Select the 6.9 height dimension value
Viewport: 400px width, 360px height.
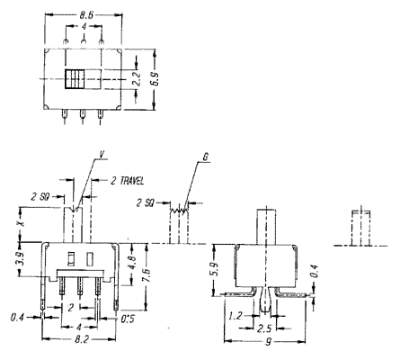pyautogui.click(x=156, y=79)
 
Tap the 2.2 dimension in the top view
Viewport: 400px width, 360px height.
pyautogui.click(x=137, y=79)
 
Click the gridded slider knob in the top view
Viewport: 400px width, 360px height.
pyautogui.click(x=75, y=79)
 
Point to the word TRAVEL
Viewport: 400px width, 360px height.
pyautogui.click(x=132, y=181)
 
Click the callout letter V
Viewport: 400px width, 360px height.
pyautogui.click(x=102, y=154)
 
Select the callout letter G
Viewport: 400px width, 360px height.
pyautogui.click(x=206, y=157)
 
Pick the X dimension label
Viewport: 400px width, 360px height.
pyautogui.click(x=21, y=224)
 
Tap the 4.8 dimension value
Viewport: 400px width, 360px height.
pyautogui.click(x=134, y=263)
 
